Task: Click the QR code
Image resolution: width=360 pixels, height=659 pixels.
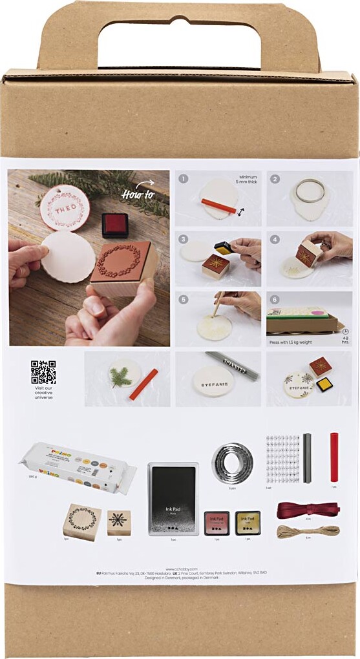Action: pyautogui.click(x=43, y=372)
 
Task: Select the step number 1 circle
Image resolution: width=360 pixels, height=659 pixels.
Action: pyautogui.click(x=184, y=179)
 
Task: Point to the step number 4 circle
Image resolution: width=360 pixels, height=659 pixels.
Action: pyautogui.click(x=274, y=238)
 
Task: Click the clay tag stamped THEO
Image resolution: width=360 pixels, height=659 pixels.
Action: pyautogui.click(x=65, y=208)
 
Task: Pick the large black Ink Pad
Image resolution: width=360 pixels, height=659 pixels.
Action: pyautogui.click(x=173, y=498)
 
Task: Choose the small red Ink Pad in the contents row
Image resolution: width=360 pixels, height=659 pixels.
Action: pyautogui.click(x=217, y=522)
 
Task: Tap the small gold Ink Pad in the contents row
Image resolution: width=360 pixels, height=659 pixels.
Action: pyautogui.click(x=248, y=522)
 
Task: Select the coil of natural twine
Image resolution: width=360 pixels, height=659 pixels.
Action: pyautogui.click(x=299, y=531)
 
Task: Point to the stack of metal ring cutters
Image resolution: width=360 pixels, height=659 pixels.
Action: pyautogui.click(x=232, y=462)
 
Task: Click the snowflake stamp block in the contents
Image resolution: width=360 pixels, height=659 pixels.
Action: pyautogui.click(x=119, y=523)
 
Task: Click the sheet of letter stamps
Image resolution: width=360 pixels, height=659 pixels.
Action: pyautogui.click(x=283, y=456)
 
